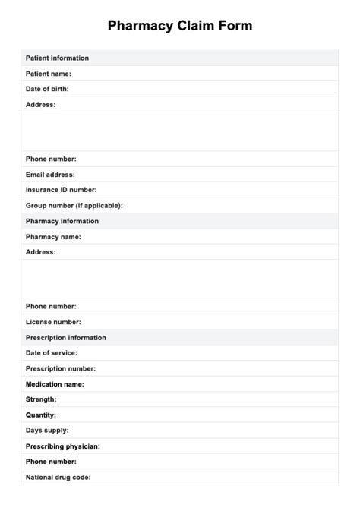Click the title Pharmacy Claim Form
click(180, 26)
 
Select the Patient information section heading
click(57, 58)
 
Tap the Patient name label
click(49, 74)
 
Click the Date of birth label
click(47, 89)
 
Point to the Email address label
click(50, 175)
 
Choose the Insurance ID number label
click(62, 190)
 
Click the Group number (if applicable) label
click(74, 205)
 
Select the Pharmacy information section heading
click(62, 221)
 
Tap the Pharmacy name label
click(53, 237)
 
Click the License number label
click(53, 322)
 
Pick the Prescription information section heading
click(66, 338)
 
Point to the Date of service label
click(52, 353)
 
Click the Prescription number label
click(61, 368)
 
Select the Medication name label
click(55, 384)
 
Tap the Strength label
click(41, 399)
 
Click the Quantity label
click(41, 415)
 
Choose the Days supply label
click(47, 431)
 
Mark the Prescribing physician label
click(63, 446)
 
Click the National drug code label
click(59, 478)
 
